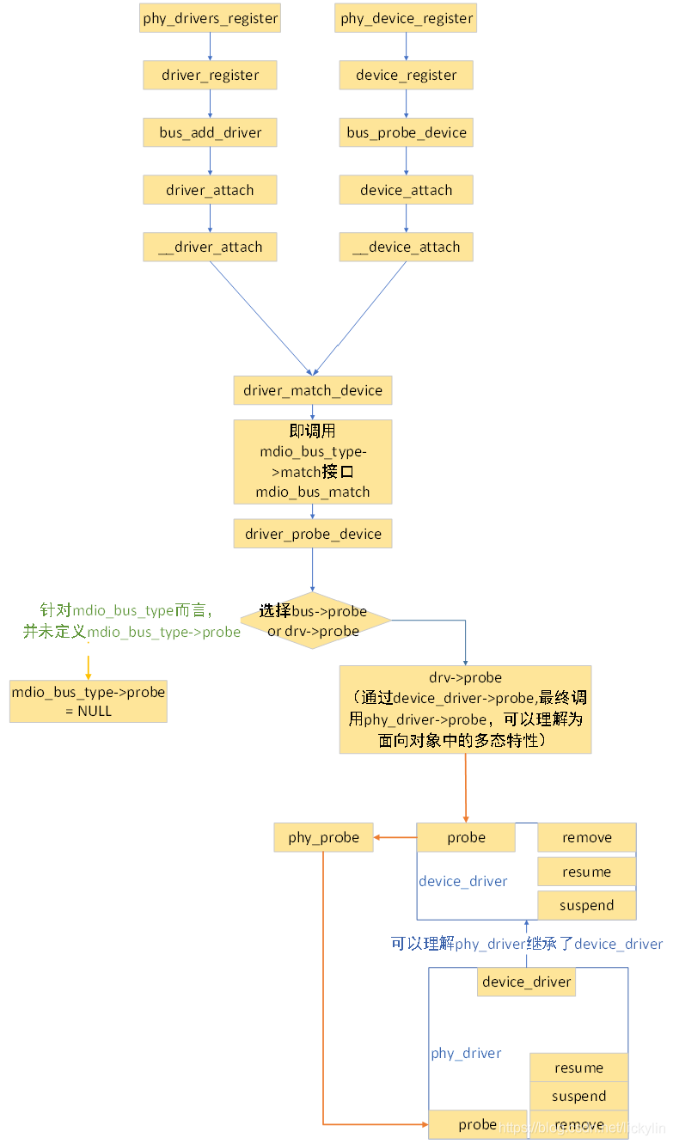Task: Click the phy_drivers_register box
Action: click(210, 18)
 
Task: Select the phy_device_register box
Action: click(406, 18)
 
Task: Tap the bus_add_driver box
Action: click(210, 132)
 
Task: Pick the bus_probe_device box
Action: click(406, 132)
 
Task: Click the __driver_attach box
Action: click(210, 247)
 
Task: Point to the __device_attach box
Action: click(406, 247)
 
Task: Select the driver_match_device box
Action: click(313, 390)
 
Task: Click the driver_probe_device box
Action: click(313, 534)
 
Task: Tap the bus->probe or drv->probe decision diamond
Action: click(315, 621)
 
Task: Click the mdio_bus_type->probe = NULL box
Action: click(88, 701)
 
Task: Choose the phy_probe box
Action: click(323, 837)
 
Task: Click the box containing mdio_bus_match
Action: click(313, 462)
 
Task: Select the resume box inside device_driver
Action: click(586, 872)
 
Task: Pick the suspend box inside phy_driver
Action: click(578, 1096)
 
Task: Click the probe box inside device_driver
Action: click(466, 837)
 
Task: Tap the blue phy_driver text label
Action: click(466, 1053)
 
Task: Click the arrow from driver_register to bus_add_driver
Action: click(210, 103)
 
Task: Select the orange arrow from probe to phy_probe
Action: click(395, 837)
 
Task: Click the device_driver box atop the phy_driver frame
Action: click(526, 982)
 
